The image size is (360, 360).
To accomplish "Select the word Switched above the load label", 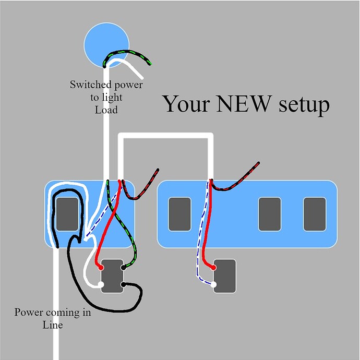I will (90, 84).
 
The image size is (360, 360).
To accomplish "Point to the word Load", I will (106, 110).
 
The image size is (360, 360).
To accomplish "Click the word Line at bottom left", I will (52, 325).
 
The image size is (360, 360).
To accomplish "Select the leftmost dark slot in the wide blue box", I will (179, 214).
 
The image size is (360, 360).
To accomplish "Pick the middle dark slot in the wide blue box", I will (269, 214).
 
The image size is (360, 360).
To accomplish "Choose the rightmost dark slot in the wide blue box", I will (314, 214).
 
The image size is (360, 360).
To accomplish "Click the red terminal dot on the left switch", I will (101, 267).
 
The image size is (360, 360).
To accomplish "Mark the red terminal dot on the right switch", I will (214, 267).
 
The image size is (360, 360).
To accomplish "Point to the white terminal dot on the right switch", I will (214, 285).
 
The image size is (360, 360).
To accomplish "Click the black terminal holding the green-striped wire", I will (124, 267).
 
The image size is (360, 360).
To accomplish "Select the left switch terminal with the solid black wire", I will (124, 285).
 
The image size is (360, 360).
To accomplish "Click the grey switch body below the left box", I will (112, 276).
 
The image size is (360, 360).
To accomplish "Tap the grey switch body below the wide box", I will (225, 276).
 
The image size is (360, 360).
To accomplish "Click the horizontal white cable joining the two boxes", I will (166, 137).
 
